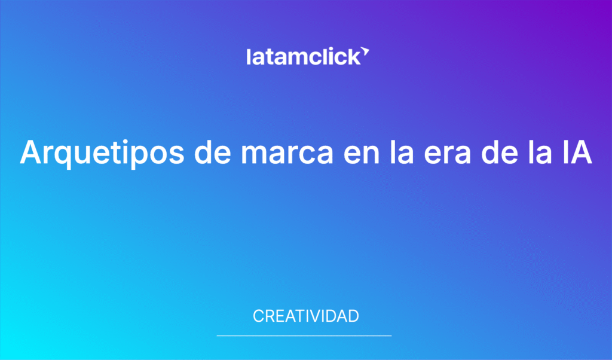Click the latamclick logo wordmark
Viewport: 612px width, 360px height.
pos(303,57)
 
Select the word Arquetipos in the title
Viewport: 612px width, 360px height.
pos(102,153)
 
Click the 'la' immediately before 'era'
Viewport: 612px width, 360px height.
pos(402,152)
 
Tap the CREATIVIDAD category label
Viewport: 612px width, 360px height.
pos(306,316)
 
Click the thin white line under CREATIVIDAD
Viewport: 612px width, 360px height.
pos(304,335)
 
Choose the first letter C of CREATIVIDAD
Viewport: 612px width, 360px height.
pos(258,316)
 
